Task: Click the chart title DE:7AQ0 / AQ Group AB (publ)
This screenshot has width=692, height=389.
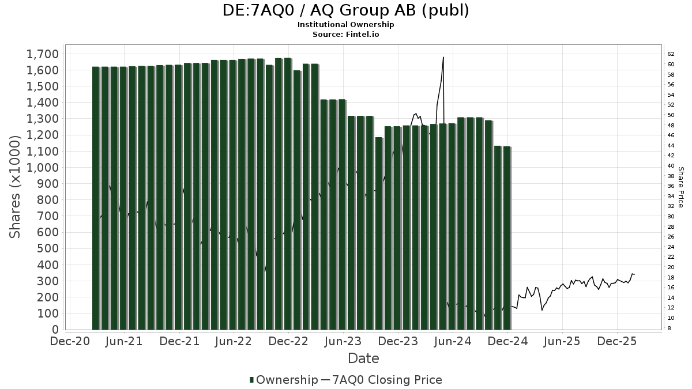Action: (345, 11)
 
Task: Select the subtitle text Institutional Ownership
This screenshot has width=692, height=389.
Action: (345, 25)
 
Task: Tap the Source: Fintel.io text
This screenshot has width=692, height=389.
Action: (345, 34)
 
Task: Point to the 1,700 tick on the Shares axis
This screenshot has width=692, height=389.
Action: (43, 54)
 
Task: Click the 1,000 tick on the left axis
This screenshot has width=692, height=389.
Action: (43, 168)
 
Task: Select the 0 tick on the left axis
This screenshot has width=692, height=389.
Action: (55, 330)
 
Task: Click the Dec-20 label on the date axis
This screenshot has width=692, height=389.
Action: (70, 342)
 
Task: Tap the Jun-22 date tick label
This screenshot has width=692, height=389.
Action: (234, 342)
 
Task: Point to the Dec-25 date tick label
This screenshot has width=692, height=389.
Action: (617, 342)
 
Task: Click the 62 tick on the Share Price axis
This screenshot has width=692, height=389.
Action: (671, 54)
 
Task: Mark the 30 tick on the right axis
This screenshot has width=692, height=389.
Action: (671, 216)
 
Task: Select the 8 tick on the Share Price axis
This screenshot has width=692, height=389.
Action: (670, 328)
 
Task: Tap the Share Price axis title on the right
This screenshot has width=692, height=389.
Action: (681, 187)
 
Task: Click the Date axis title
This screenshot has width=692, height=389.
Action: (363, 358)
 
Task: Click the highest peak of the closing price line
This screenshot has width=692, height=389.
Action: (443, 57)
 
